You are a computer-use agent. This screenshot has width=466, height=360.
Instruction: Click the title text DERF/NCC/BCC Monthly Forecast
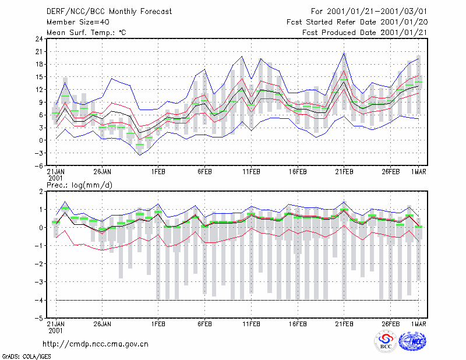coord(109,12)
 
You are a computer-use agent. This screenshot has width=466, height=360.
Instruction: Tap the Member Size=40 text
coord(78,22)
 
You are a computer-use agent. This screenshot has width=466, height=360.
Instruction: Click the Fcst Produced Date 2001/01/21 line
coord(365,33)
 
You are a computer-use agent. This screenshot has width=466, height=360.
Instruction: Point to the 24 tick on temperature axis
coord(39,39)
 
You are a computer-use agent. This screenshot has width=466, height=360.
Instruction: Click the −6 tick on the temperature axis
coord(38,166)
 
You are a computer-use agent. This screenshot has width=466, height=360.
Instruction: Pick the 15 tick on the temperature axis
coord(39,77)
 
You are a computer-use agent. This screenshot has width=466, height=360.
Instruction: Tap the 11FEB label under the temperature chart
coord(251,172)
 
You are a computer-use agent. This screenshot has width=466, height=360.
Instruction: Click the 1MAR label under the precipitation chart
coord(419,324)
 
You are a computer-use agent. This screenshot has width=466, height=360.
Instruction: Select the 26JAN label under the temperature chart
coord(103,172)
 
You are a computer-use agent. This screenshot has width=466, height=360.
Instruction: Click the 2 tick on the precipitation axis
coord(41,192)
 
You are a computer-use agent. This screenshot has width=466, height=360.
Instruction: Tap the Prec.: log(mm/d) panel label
coord(79,185)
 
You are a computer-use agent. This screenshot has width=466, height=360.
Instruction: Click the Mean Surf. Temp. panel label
coord(86,33)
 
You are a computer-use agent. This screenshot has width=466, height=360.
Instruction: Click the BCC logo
coord(386,341)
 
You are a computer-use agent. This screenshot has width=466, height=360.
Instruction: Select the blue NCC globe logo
coord(412,341)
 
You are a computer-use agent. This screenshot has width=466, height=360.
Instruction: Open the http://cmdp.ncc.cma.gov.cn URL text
coord(96,344)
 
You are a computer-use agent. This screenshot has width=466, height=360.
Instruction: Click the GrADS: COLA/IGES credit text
coord(26,357)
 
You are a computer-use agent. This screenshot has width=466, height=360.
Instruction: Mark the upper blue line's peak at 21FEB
coord(344,53)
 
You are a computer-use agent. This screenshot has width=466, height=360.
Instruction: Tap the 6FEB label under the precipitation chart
coord(204,324)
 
